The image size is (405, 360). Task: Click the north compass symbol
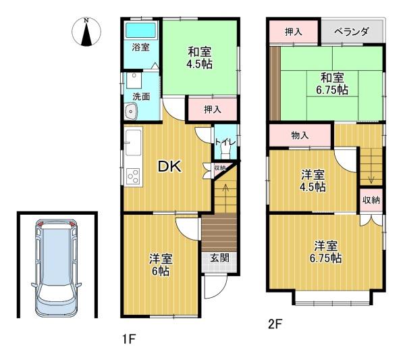click(x=86, y=32)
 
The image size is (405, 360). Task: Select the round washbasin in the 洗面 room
click(x=131, y=111)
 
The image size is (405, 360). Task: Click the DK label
click(x=169, y=167)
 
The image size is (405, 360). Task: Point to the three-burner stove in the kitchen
click(x=133, y=176)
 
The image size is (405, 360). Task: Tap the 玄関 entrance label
click(x=219, y=257)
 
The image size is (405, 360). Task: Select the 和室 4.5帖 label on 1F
click(x=199, y=57)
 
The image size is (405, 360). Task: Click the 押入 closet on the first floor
click(x=213, y=109)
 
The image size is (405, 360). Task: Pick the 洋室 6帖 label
click(x=161, y=265)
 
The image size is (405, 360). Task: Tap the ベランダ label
click(x=352, y=32)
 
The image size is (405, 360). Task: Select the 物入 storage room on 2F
click(x=300, y=135)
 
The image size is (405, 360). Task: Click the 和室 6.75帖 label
click(x=332, y=84)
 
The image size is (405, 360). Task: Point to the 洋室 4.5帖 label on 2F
click(x=313, y=180)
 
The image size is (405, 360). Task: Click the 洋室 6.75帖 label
click(x=326, y=252)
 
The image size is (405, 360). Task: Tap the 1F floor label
click(x=128, y=339)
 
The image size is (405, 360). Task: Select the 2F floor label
click(x=275, y=324)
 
